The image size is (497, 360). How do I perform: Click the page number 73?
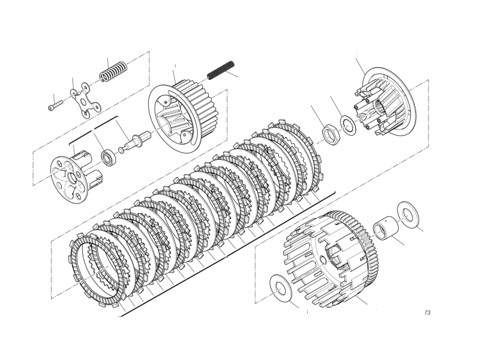(427, 313)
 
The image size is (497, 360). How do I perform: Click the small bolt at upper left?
(55, 105)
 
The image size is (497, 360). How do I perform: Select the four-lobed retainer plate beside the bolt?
(85, 100)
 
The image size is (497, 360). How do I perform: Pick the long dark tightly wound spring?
(221, 70)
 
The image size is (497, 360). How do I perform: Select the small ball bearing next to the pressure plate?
(108, 157)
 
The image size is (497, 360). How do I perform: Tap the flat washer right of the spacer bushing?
(408, 214)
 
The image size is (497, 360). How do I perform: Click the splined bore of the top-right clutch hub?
(380, 106)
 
